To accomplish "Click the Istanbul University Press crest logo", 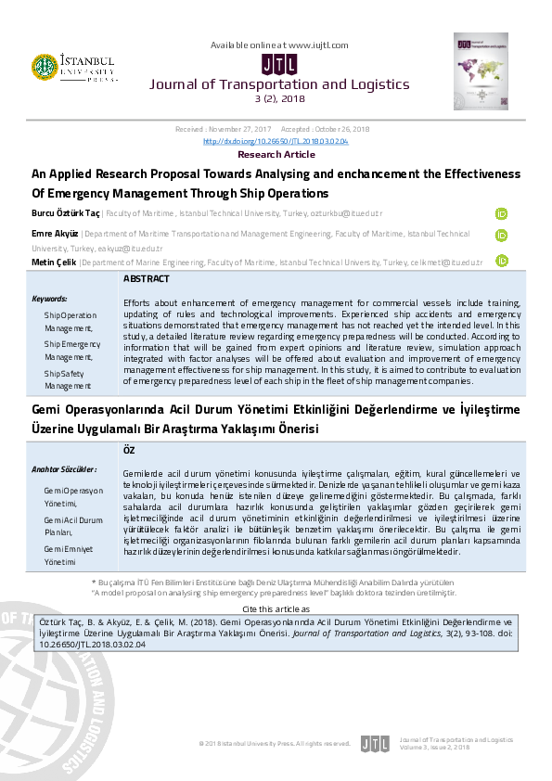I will point(44,66).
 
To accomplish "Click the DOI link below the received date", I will point(276,141).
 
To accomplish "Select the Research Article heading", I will point(276,155).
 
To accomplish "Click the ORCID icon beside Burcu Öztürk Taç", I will point(502,213).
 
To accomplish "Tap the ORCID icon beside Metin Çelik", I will point(502,262).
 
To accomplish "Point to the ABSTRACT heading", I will point(147,279).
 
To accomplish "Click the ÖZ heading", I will point(129,449).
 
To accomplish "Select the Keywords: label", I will point(50,300).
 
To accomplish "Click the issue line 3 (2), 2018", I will point(279,98).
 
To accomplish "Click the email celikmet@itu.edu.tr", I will point(449,262).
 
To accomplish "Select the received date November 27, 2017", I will point(239,131).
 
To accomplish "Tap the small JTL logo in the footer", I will point(375,743).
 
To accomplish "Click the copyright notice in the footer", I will point(275,743).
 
